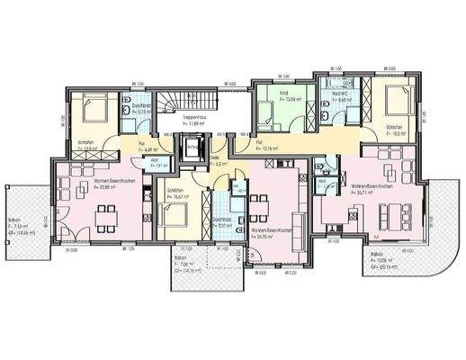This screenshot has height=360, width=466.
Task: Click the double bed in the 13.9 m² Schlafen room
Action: click(x=93, y=112)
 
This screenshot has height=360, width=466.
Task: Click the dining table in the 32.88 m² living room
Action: click(x=105, y=216)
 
